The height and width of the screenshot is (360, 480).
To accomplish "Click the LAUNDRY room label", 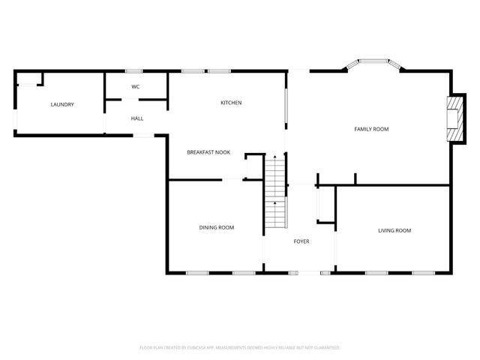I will pos(62,104).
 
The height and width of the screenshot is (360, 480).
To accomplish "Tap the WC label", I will pos(136,87).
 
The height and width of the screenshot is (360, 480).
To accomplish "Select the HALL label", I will pos(137,118).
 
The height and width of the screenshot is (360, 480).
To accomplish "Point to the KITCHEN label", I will pos(230,103).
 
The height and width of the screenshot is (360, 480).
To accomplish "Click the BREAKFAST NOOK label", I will pos(208,152).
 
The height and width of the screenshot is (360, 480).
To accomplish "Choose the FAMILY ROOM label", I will pos(371,129).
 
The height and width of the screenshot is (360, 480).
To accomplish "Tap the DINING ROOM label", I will pos(216,227).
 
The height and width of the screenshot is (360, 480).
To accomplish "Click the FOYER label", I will pos(301,241).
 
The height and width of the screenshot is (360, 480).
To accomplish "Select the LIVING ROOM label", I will pos(394,230).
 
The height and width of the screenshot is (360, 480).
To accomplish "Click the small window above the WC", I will pos(136,71).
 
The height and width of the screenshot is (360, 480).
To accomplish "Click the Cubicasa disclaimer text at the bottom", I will pos(240,348).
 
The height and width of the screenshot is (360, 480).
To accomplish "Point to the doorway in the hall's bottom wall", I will pos(142,135).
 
